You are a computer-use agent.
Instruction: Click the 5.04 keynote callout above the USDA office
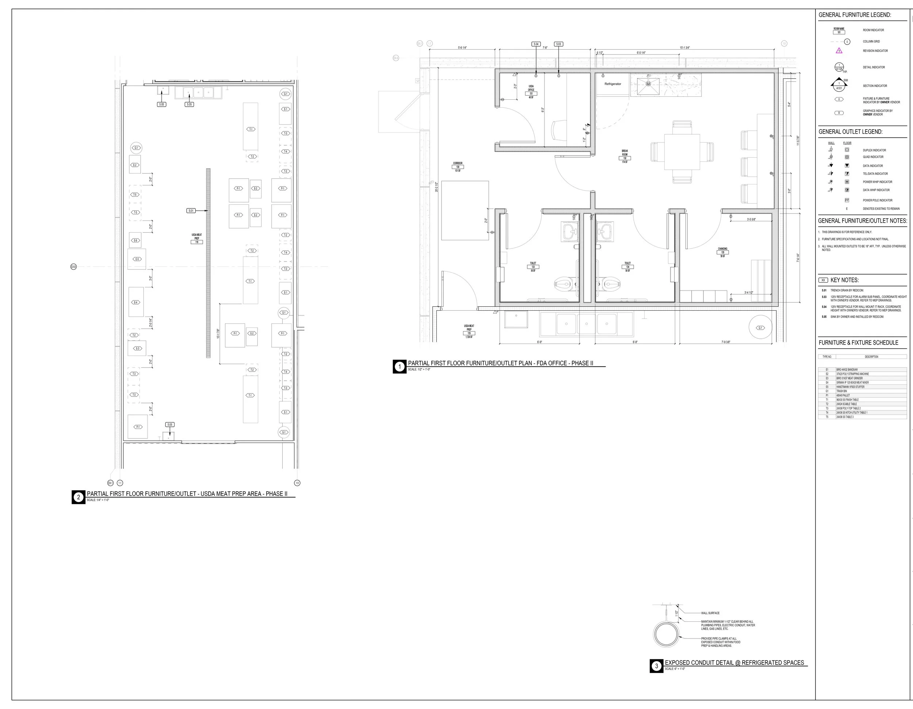tap(536, 44)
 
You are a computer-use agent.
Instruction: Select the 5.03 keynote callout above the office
tap(558, 44)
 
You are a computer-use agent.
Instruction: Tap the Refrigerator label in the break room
tap(612, 84)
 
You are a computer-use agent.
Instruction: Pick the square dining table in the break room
tap(682, 151)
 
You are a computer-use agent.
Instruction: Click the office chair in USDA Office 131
tap(561, 130)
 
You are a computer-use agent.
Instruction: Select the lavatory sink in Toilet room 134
tap(606, 231)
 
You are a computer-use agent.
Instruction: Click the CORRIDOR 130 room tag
tap(458, 167)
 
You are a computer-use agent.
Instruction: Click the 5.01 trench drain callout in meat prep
tap(191, 211)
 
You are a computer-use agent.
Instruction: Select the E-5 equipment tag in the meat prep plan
tap(137, 259)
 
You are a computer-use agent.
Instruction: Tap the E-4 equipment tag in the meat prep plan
tap(135, 302)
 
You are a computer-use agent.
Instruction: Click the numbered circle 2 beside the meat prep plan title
tap(78, 497)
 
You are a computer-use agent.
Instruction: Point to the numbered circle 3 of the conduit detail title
tap(656, 666)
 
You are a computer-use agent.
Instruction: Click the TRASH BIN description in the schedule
tap(841, 391)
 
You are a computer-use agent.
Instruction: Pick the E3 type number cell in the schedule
tap(827, 378)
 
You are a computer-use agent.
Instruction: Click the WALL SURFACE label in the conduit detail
tap(710, 613)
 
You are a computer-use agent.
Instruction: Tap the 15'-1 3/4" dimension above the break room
tap(685, 47)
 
